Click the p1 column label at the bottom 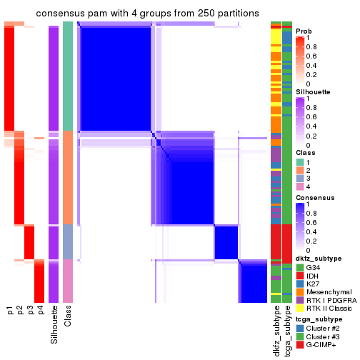(x=10, y=311)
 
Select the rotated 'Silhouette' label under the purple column (x=54, y=324)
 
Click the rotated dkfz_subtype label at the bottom (x=276, y=333)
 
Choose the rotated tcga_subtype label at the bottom (x=286, y=333)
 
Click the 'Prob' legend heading (x=304, y=31)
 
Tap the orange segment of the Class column (x=68, y=177)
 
